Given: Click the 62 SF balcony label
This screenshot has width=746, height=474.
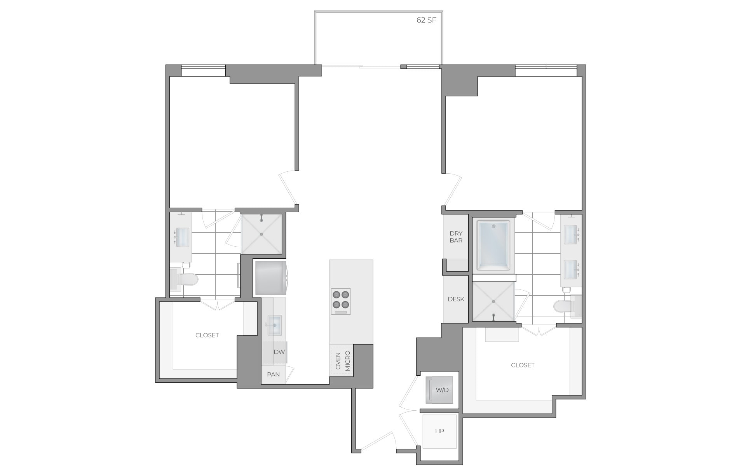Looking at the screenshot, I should [x=426, y=20].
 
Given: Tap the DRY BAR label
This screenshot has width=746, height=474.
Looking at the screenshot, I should [x=456, y=237].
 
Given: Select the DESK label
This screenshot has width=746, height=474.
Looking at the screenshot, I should [x=456, y=299].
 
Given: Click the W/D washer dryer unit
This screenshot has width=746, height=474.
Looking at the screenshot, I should [x=439, y=390].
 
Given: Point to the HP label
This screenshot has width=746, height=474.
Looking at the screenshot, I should [x=439, y=431].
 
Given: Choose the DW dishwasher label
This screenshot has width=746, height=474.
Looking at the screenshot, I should [x=279, y=352].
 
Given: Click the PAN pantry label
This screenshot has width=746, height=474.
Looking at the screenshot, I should [x=273, y=375].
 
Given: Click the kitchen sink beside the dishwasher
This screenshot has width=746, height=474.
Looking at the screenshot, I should [x=274, y=324].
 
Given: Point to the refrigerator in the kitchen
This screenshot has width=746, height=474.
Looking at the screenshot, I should [x=270, y=277].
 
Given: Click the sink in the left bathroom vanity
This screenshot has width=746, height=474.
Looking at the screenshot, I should [x=182, y=237].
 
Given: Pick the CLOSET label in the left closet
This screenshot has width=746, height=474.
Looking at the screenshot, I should [x=207, y=335].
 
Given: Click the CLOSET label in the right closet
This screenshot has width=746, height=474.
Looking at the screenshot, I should [x=523, y=365].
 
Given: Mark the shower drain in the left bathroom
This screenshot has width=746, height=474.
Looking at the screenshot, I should [x=261, y=234].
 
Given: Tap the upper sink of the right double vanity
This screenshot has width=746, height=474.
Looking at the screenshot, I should [x=571, y=235].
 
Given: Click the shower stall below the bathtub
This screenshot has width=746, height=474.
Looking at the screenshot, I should [x=493, y=301].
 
